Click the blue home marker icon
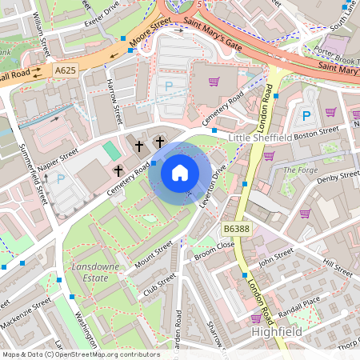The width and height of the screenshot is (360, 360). click(x=180, y=172)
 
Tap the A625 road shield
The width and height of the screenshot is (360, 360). click(x=67, y=71)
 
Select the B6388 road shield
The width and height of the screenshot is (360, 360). click(x=235, y=229)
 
